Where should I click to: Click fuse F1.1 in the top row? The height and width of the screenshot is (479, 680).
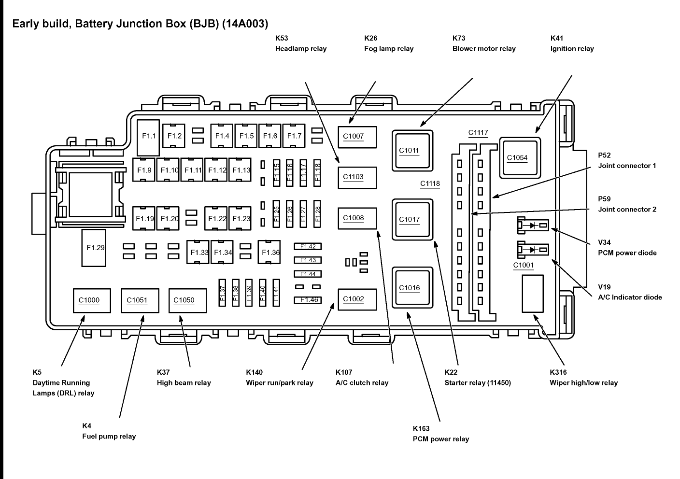pyautogui.click(x=149, y=136)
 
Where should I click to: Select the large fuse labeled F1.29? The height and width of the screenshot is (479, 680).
pyautogui.click(x=95, y=248)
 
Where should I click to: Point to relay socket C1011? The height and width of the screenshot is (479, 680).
pyautogui.click(x=412, y=150)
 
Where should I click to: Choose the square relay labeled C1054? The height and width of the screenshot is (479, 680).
pyautogui.click(x=519, y=157)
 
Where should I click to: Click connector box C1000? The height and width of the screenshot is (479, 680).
pyautogui.click(x=92, y=300)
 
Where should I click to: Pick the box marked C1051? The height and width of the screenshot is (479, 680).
pyautogui.click(x=140, y=300)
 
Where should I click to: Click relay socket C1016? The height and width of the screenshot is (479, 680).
pyautogui.click(x=412, y=288)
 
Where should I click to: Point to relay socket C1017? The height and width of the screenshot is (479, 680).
pyautogui.click(x=412, y=219)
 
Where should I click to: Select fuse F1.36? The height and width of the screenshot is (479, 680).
pyautogui.click(x=270, y=252)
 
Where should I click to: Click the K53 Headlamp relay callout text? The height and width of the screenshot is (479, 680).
pyautogui.click(x=300, y=43)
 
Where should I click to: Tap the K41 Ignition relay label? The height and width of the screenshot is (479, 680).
pyautogui.click(x=572, y=43)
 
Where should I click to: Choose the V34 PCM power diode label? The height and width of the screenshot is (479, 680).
pyautogui.click(x=627, y=248)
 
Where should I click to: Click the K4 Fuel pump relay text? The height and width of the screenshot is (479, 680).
pyautogui.click(x=109, y=431)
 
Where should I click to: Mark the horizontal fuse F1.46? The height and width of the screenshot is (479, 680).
pyautogui.click(x=308, y=300)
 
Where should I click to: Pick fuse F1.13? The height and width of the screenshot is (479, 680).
pyautogui.click(x=241, y=170)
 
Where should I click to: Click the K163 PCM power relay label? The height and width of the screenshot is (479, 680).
pyautogui.click(x=440, y=434)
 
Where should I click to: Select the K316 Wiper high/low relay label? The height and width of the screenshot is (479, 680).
pyautogui.click(x=583, y=378)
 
